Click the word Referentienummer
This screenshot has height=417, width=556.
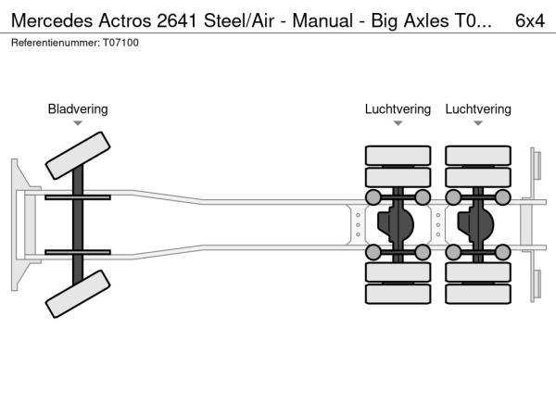52,42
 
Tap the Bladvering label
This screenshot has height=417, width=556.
78,109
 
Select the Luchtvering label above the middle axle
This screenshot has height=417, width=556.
398,109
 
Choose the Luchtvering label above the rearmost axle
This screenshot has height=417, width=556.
477,109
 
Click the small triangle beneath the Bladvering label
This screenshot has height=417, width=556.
78,123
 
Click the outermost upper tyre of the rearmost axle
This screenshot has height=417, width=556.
477,155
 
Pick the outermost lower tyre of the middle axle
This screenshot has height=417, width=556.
398,296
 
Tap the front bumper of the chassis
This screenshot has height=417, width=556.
18,225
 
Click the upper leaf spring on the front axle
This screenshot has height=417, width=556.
78,198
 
